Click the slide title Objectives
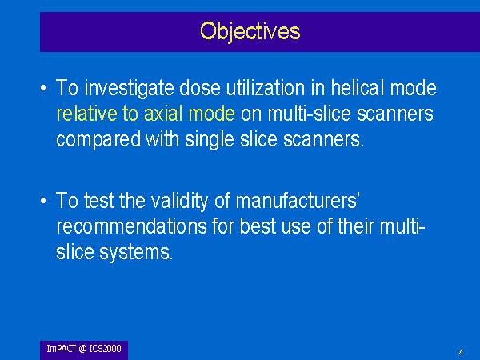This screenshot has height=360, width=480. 250,31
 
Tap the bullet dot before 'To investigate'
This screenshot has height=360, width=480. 43,88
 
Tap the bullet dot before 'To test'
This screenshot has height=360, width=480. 43,201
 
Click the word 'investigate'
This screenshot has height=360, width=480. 129,89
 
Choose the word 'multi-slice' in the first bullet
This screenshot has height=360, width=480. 309,114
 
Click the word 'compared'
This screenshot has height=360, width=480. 98,140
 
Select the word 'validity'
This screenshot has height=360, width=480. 179,201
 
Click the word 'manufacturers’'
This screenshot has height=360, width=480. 297,201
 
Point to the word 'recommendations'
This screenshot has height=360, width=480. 132,226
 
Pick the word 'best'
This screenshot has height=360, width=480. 258,226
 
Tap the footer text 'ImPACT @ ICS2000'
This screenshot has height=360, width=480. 84,349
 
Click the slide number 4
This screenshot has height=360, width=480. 461,353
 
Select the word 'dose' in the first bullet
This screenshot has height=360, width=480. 199,88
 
